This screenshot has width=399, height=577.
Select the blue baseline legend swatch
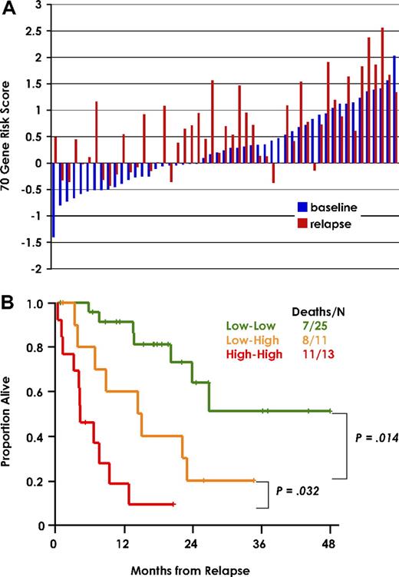[x=303, y=207]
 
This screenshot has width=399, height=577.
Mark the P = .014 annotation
[x=375, y=437]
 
